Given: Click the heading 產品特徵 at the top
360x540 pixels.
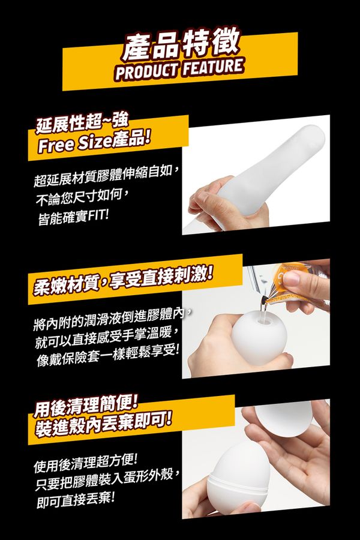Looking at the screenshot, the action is click(x=180, y=43).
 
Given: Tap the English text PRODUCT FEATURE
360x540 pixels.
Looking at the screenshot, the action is click(x=179, y=69).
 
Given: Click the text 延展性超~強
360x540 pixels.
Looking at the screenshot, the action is click(x=82, y=123).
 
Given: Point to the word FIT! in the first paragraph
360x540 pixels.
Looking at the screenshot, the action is click(x=98, y=217).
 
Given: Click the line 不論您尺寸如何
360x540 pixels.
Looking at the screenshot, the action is click(x=83, y=197).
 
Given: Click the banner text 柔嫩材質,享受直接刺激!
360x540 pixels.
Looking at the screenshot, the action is click(x=123, y=281).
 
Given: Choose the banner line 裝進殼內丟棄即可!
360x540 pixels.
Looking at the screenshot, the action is click(x=103, y=426).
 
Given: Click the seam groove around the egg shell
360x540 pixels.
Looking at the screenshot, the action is click(x=238, y=482).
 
